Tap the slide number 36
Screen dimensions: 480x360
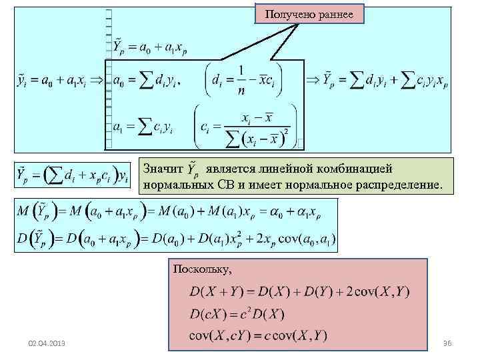point(447,342)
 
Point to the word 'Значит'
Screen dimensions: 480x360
point(161,169)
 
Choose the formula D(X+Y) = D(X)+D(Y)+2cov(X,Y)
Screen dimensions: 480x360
point(299,291)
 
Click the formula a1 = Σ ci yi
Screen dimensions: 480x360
point(143,125)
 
